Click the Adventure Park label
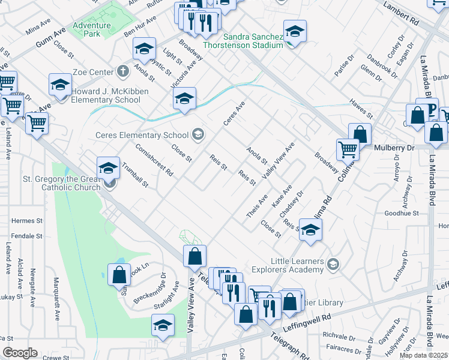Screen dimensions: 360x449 (x=91, y=29)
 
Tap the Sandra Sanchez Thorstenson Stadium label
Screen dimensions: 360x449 (x=243, y=40)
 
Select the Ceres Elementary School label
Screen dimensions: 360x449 (x=142, y=134)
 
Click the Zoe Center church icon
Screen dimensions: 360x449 (x=123, y=72)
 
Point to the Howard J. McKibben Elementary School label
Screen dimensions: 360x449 (x=106, y=95)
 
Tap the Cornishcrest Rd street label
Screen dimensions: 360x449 (x=154, y=160)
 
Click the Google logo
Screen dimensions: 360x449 (x=20, y=353)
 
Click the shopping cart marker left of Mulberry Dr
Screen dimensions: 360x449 (x=348, y=149)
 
